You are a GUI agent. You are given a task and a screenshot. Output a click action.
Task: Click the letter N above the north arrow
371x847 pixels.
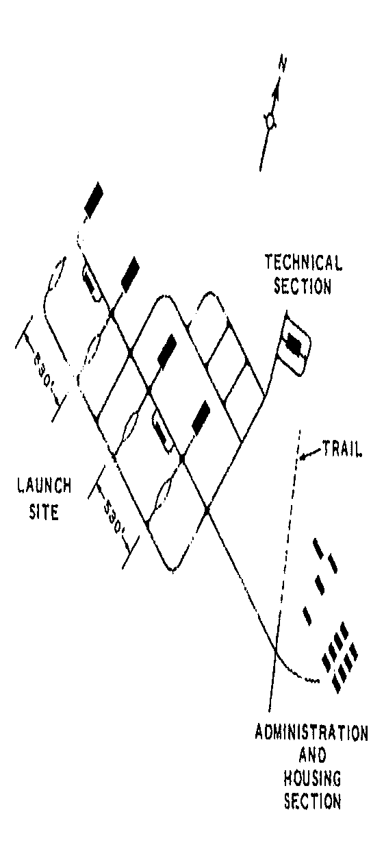[282, 64]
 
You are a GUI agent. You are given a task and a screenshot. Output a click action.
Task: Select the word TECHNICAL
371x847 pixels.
[303, 262]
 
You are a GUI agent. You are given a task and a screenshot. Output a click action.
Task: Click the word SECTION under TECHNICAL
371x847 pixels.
[303, 286]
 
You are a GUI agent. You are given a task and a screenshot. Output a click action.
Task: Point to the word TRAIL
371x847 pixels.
[342, 449]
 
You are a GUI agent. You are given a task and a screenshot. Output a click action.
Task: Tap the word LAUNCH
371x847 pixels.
[44, 485]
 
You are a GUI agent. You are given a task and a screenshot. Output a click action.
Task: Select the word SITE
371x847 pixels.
[44, 512]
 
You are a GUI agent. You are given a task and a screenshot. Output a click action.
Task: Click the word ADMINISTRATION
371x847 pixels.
[311, 733]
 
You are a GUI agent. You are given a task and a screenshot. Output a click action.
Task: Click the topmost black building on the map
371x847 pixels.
[94, 199]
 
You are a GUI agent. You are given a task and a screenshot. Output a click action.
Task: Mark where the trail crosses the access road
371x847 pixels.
[275, 651]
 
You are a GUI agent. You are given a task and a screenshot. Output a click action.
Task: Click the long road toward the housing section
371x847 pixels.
[241, 581]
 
